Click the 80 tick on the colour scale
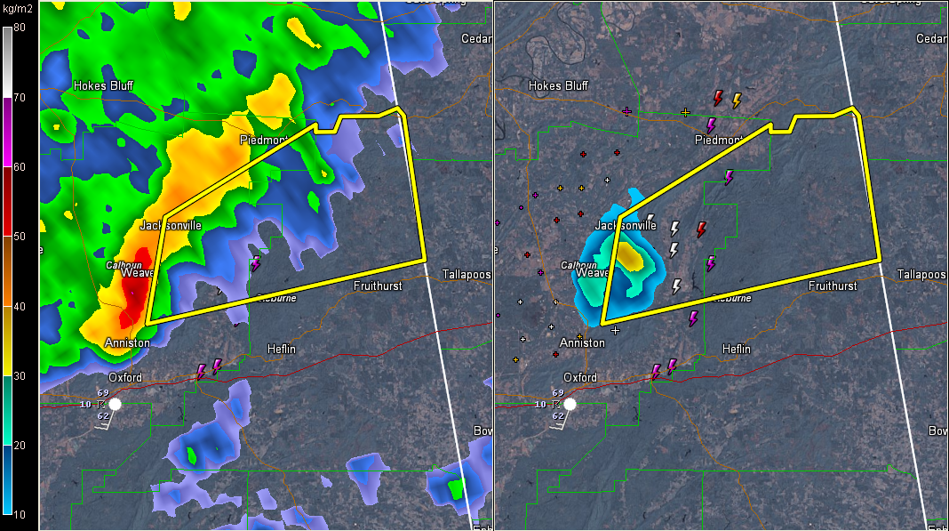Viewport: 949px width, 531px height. (19, 28)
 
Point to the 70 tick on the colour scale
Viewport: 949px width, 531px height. (19, 96)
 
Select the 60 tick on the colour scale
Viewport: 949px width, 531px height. (19, 166)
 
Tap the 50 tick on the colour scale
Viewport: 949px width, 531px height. (19, 236)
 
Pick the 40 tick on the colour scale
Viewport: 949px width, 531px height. (19, 306)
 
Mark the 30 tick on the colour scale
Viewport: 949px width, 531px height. (19, 375)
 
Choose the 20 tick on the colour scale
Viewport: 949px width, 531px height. (19, 445)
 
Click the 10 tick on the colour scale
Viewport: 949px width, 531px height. (19, 514)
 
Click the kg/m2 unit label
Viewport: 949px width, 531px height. (19, 8)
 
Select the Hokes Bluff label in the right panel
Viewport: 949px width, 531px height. (558, 86)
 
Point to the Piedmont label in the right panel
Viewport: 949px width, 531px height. (718, 141)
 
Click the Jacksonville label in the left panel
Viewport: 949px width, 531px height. (171, 225)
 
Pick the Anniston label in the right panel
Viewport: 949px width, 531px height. (582, 342)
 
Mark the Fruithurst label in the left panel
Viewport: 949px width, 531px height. (378, 286)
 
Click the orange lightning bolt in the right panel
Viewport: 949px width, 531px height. (737, 101)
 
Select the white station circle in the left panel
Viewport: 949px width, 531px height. (115, 404)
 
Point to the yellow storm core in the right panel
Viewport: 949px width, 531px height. (632, 257)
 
